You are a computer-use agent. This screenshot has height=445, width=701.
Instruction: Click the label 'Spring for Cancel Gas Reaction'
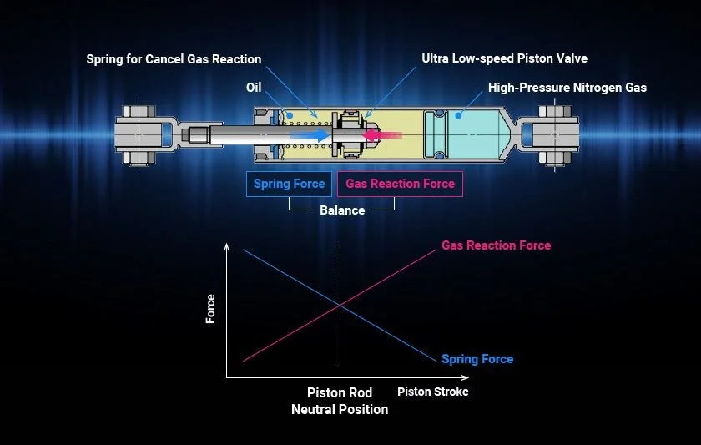(x=174, y=59)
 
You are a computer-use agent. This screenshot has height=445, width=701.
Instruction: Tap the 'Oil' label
(x=255, y=88)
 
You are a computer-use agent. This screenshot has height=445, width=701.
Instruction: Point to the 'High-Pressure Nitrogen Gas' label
(x=567, y=88)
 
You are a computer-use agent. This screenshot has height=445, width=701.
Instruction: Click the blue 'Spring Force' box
(x=290, y=184)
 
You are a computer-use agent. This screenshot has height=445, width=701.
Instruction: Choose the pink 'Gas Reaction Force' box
(x=400, y=184)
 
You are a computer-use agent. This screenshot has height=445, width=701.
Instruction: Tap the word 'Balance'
(x=342, y=210)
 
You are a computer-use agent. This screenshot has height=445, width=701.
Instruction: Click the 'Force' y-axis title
(x=210, y=309)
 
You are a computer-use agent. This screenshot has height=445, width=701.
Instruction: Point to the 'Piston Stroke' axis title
(x=432, y=392)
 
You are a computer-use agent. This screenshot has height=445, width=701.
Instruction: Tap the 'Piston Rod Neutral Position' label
(x=340, y=401)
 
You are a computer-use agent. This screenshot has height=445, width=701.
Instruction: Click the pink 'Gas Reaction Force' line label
(x=496, y=245)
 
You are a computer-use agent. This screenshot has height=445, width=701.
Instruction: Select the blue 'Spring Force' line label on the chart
(x=477, y=359)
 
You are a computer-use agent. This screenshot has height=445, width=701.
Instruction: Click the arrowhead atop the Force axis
(x=226, y=247)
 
